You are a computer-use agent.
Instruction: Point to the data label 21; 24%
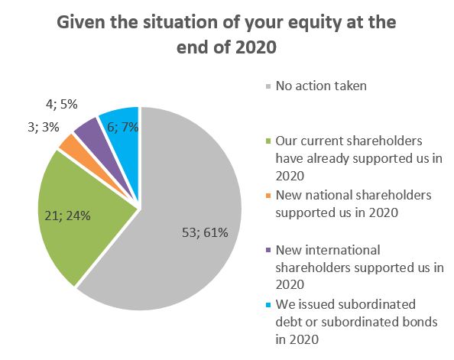click(67, 216)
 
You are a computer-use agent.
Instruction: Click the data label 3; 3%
click(44, 127)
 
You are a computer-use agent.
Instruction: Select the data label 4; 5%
click(62, 104)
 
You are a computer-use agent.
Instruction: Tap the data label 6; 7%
click(123, 127)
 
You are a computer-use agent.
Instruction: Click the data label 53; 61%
click(205, 232)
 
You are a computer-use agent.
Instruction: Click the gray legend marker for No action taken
click(268, 86)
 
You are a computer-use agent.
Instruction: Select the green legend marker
click(268, 141)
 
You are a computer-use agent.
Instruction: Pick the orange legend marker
click(268, 196)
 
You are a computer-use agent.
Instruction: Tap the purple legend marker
click(268, 250)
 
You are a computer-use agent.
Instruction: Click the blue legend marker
click(268, 305)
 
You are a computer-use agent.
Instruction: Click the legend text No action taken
click(321, 86)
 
